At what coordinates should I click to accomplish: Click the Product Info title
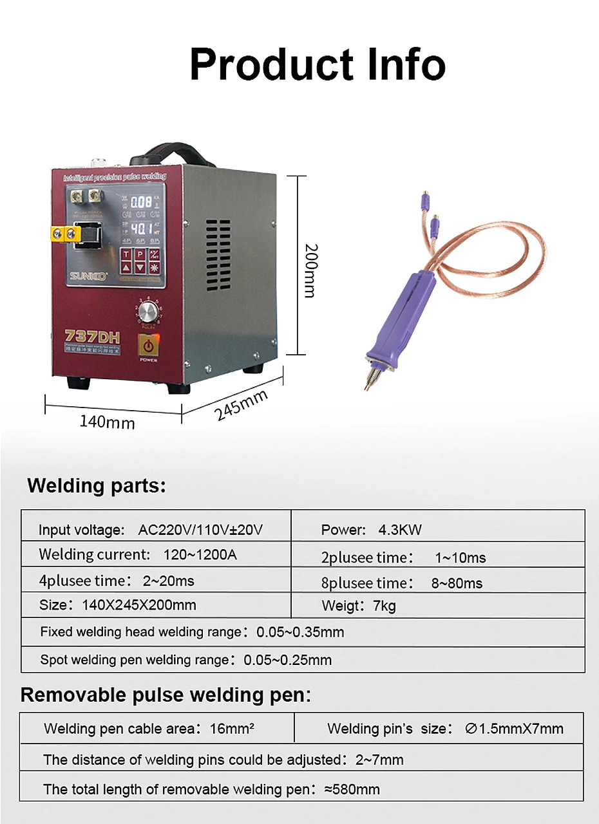pos(318,64)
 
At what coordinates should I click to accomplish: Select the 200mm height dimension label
pos(310,270)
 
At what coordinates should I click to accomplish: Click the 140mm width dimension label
pos(107,422)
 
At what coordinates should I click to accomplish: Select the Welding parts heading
pos(97,486)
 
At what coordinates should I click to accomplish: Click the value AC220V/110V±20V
pos(201,530)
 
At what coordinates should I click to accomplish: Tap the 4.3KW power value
pos(400,530)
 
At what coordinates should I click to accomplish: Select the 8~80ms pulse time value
pos(457,583)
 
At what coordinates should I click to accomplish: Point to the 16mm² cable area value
pos(232,729)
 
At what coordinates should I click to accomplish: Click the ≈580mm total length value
pos(352,789)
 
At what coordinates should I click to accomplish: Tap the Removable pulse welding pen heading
pos(166,695)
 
